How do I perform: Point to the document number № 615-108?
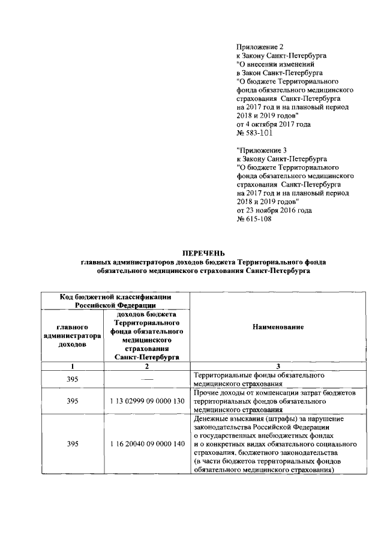point(256,219)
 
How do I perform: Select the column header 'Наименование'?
point(278,326)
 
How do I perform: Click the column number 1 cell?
point(71,366)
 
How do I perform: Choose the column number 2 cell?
point(146,366)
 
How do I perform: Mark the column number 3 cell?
point(278,366)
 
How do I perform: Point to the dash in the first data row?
point(146,380)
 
